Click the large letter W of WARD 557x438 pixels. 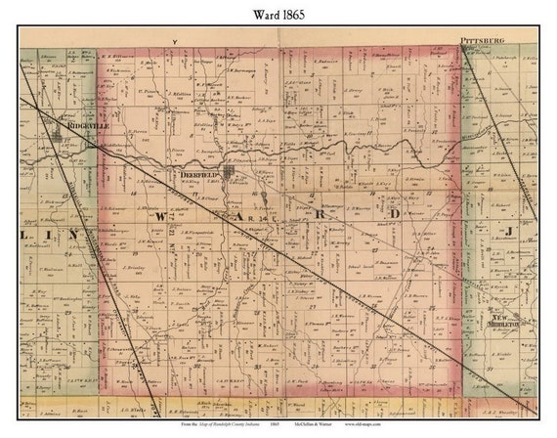[160, 212]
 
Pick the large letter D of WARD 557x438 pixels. [395, 212]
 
